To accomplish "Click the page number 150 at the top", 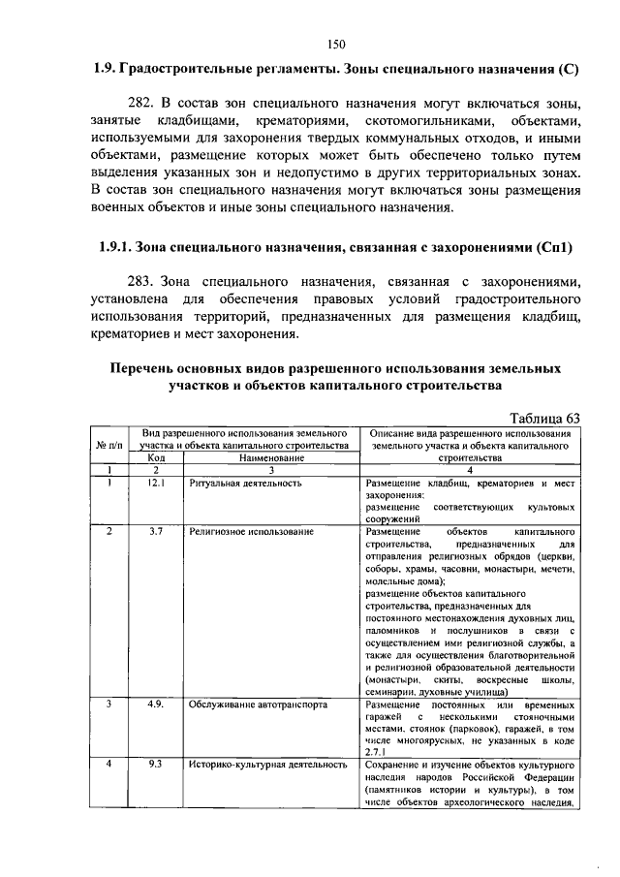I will (x=336, y=43).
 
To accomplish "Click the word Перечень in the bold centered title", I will (x=146, y=369).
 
